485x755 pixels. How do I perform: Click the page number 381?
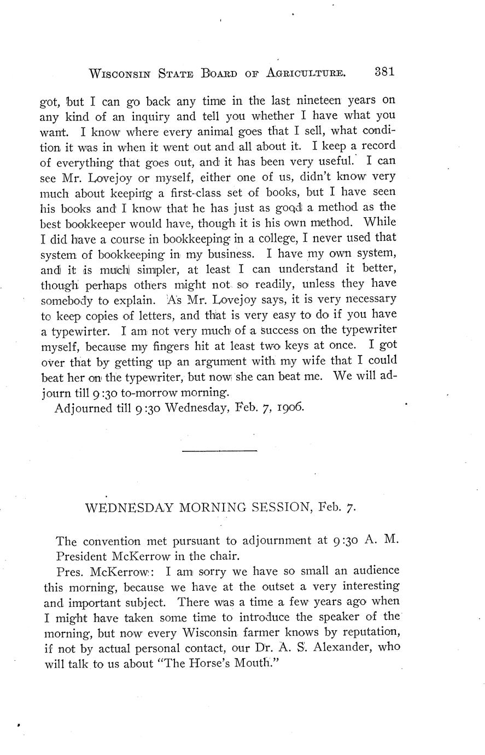[x=385, y=72]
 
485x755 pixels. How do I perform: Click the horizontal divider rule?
[x=219, y=450]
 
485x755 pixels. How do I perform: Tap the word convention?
[x=113, y=541]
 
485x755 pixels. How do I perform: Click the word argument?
[x=210, y=362]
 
